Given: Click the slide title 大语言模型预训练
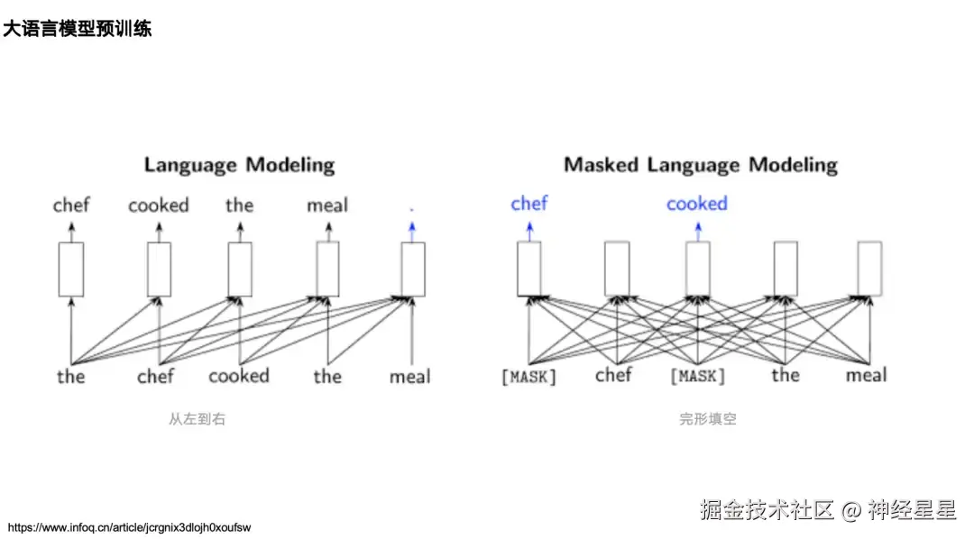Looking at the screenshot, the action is [x=78, y=29].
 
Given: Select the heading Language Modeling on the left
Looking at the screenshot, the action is [x=239, y=165].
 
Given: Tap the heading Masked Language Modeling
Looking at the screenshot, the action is [x=701, y=165].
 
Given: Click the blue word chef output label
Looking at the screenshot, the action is [x=529, y=204].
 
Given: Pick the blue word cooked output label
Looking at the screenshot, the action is [x=696, y=204].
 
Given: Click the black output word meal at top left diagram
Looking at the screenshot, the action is [x=326, y=206].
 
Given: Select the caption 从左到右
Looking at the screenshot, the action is [x=197, y=419].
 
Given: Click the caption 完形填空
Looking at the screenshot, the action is [x=708, y=419].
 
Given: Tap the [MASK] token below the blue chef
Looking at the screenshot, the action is [x=529, y=377].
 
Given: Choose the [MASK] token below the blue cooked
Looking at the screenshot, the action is [x=697, y=377].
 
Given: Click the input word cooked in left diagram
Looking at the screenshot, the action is [x=239, y=376].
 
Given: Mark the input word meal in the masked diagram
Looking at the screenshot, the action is [x=867, y=376].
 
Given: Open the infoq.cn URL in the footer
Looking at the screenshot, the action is [x=129, y=527].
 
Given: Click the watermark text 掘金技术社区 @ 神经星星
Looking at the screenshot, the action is [x=828, y=510].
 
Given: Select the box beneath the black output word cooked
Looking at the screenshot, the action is [x=159, y=269].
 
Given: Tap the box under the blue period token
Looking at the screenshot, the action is [x=412, y=269].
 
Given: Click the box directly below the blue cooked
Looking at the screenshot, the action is [x=697, y=269].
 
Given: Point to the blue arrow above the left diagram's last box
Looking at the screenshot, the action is [x=412, y=231].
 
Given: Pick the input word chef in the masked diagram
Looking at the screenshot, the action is [x=613, y=375].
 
